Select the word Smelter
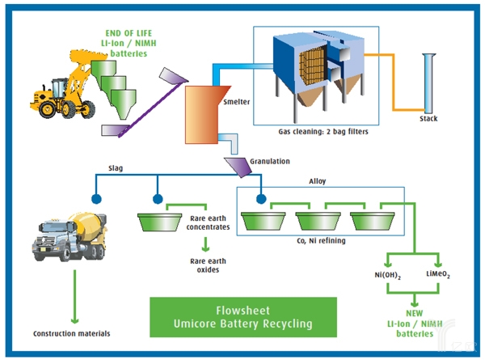coord(235,104)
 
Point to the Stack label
coord(429,120)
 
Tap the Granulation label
coord(269,162)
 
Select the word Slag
coord(117,169)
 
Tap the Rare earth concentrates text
coord(209,222)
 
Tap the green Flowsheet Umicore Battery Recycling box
coord(243,318)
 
